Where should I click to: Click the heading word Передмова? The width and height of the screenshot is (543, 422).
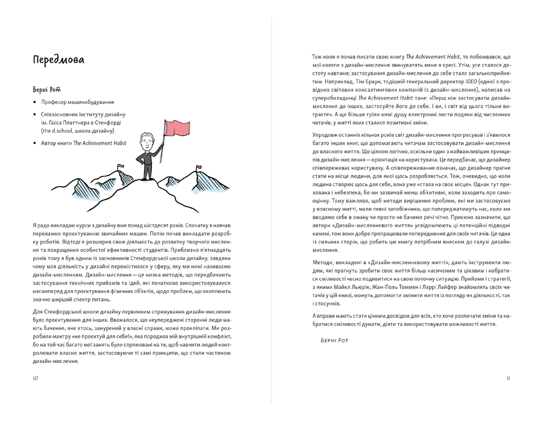tap(59, 60)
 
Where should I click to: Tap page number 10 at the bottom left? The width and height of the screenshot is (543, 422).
tap(36, 378)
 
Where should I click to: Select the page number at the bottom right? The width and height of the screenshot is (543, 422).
tap(509, 378)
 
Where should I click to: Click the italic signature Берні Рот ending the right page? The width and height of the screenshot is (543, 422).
tap(334, 341)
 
